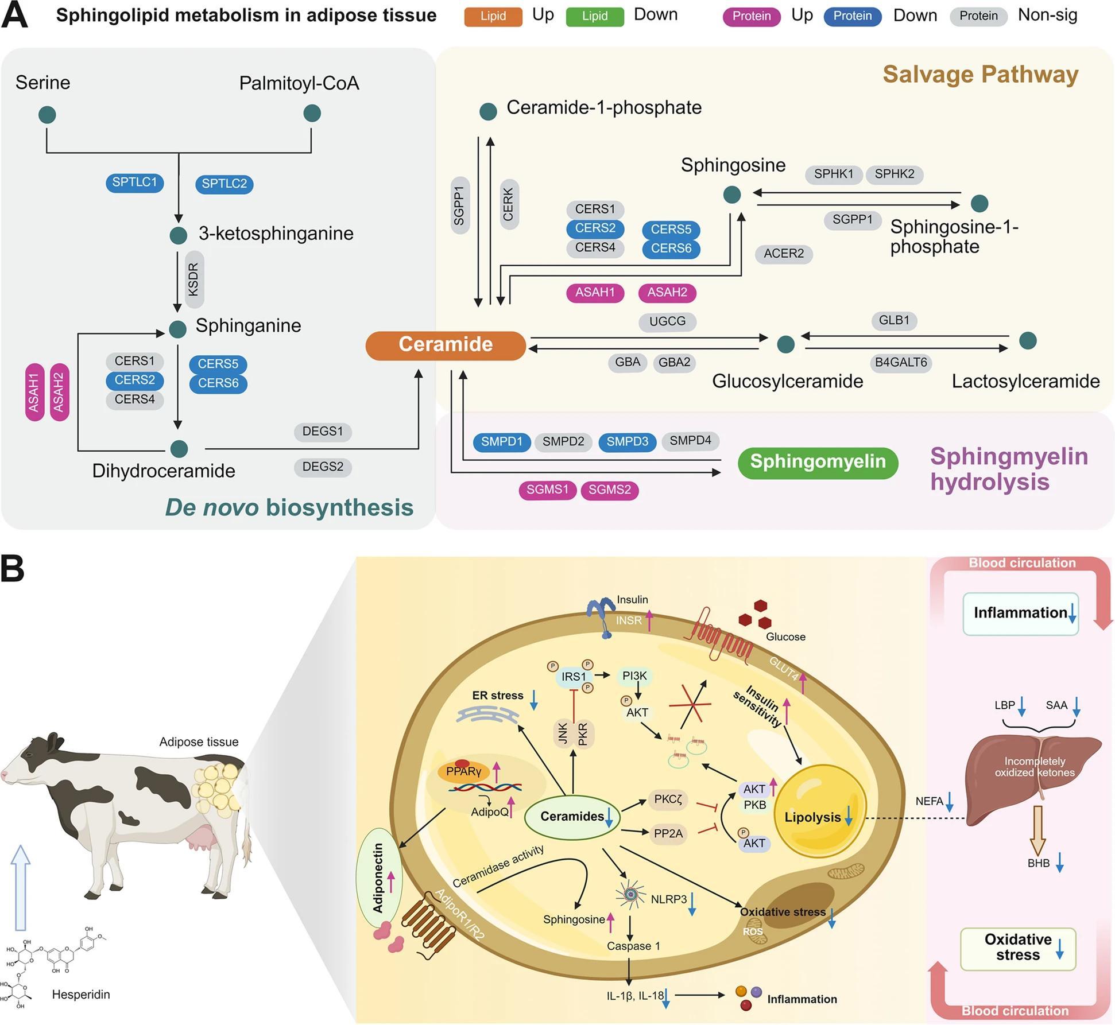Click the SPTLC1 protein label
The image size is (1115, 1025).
pos(134,183)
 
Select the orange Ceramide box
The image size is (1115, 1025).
pos(446,345)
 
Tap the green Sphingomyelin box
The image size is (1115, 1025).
pos(818,462)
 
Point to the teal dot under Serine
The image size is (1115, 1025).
pos(47,115)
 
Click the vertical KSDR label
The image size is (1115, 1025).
pos(194,279)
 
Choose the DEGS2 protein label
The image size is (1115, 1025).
pos(323,467)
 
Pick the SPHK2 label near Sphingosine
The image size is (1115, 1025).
pos(894,174)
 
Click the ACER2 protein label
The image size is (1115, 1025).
pos(783,254)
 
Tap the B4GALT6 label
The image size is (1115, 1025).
pos(900,363)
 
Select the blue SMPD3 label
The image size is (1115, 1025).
pos(627,442)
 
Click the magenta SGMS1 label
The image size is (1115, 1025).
pos(547,490)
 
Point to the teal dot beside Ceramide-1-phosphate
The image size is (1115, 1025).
pos(488,111)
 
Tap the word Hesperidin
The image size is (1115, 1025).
pos(81,995)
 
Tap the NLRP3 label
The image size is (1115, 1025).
pos(668,899)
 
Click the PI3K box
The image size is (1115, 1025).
pos(634,677)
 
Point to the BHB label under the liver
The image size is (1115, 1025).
pos(1038,863)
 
